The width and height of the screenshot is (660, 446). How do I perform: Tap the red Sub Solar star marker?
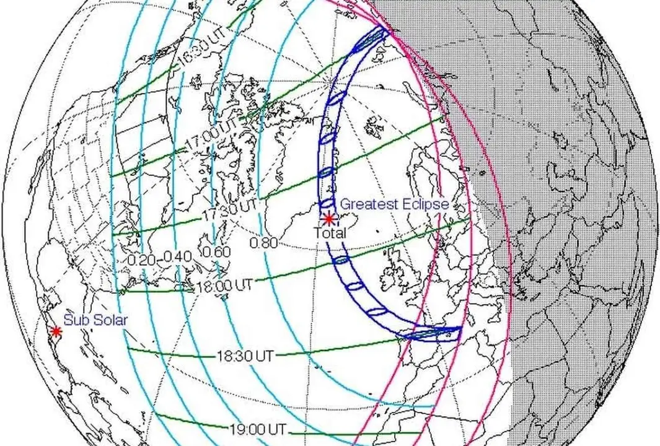[x=56, y=331]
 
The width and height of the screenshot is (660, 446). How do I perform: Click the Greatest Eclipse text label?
[x=395, y=204]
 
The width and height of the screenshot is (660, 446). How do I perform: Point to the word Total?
[x=329, y=233]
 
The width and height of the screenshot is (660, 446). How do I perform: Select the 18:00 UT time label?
[x=224, y=286]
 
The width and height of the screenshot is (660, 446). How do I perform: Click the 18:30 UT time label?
[x=245, y=356]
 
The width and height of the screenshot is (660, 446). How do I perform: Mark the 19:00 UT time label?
[x=255, y=428]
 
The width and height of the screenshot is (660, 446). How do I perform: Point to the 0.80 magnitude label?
[x=263, y=243]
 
